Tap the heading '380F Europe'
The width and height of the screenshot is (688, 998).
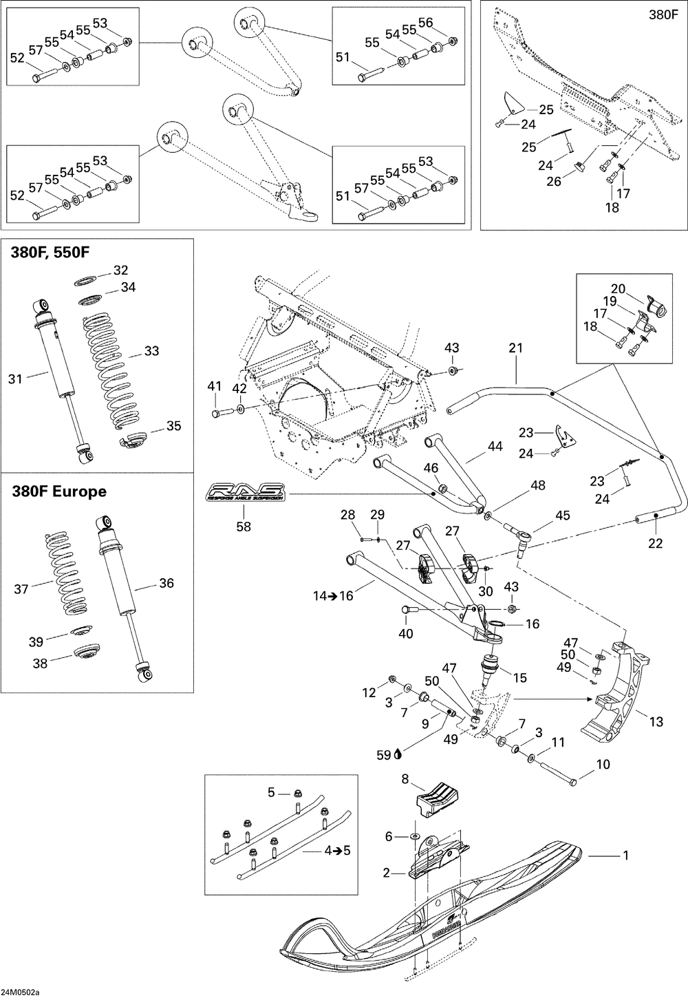tap(59, 491)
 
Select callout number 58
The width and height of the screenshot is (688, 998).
tap(244, 527)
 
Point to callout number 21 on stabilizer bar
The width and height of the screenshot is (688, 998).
tap(516, 348)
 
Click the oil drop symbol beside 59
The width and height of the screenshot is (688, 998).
tap(398, 754)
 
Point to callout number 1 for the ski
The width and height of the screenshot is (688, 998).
tap(625, 855)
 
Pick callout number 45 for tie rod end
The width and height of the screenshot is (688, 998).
tap(563, 515)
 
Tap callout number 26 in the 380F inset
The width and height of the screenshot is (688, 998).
tap(554, 181)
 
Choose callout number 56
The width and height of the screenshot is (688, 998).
tap(426, 23)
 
